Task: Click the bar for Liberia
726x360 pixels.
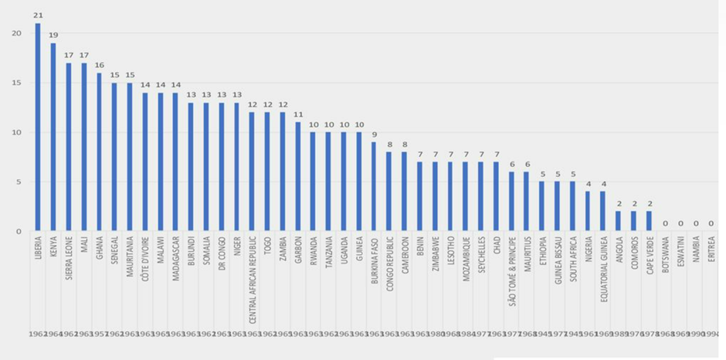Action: click(38, 127)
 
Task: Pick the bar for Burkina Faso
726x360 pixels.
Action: click(374, 187)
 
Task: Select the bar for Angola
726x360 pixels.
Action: click(618, 222)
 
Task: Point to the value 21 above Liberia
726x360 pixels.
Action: click(38, 15)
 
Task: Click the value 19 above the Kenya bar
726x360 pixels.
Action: click(53, 35)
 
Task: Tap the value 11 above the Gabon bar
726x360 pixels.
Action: click(297, 114)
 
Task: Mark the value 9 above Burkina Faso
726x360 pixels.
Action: click(374, 134)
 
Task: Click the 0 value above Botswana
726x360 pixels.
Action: click(664, 223)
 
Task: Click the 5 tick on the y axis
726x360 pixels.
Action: click(19, 182)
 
